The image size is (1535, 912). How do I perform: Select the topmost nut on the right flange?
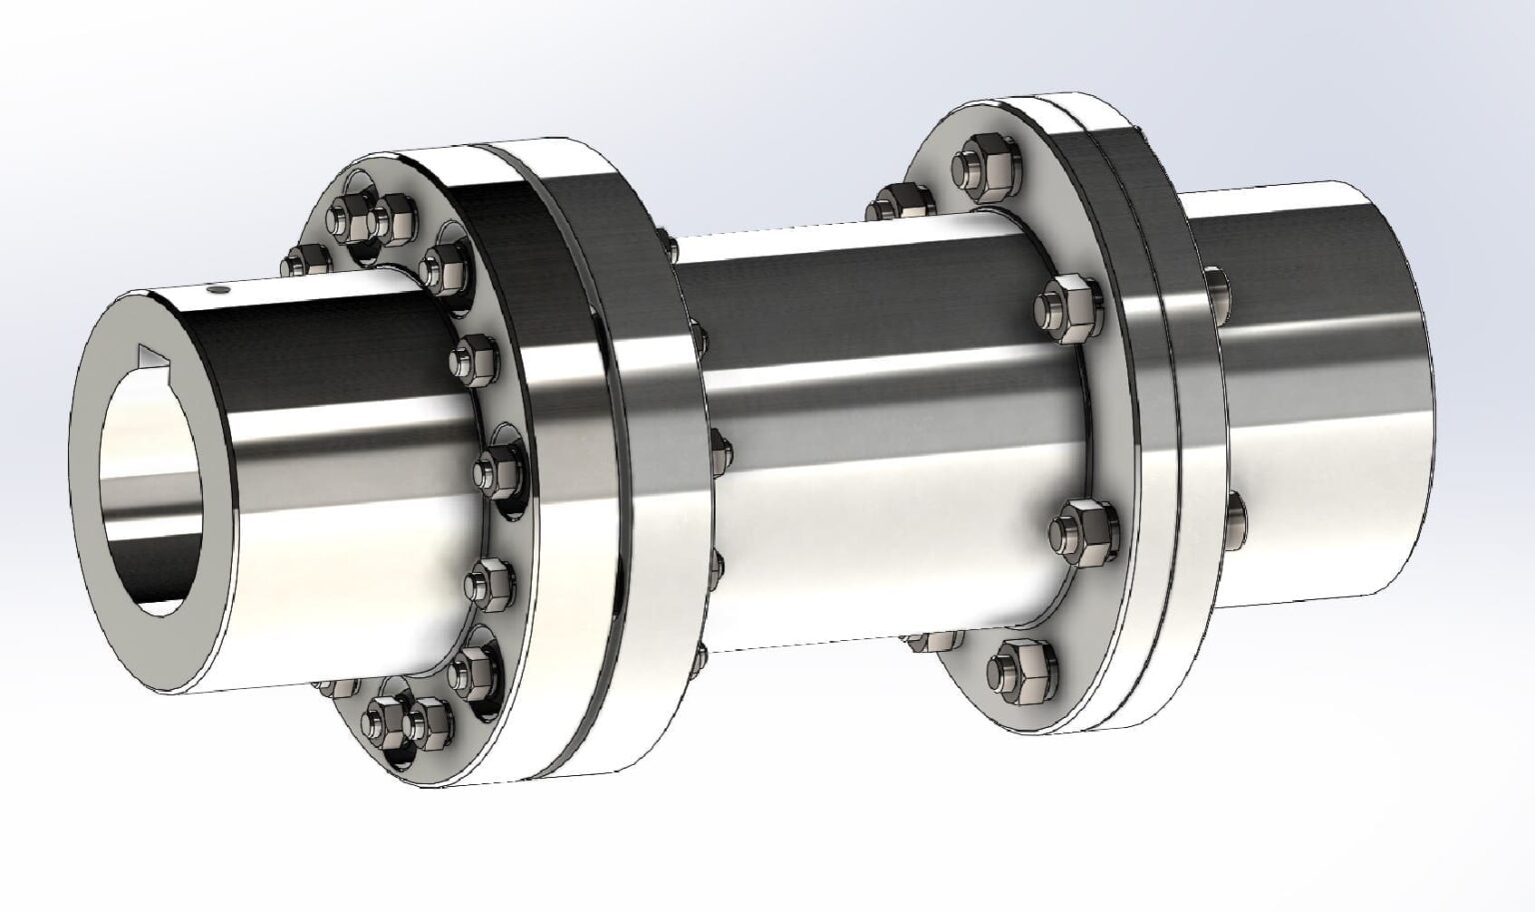click(x=975, y=167)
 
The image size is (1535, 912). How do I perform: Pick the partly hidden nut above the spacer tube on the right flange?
click(x=889, y=203)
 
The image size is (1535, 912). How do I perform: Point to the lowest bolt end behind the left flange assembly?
click(x=700, y=656)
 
